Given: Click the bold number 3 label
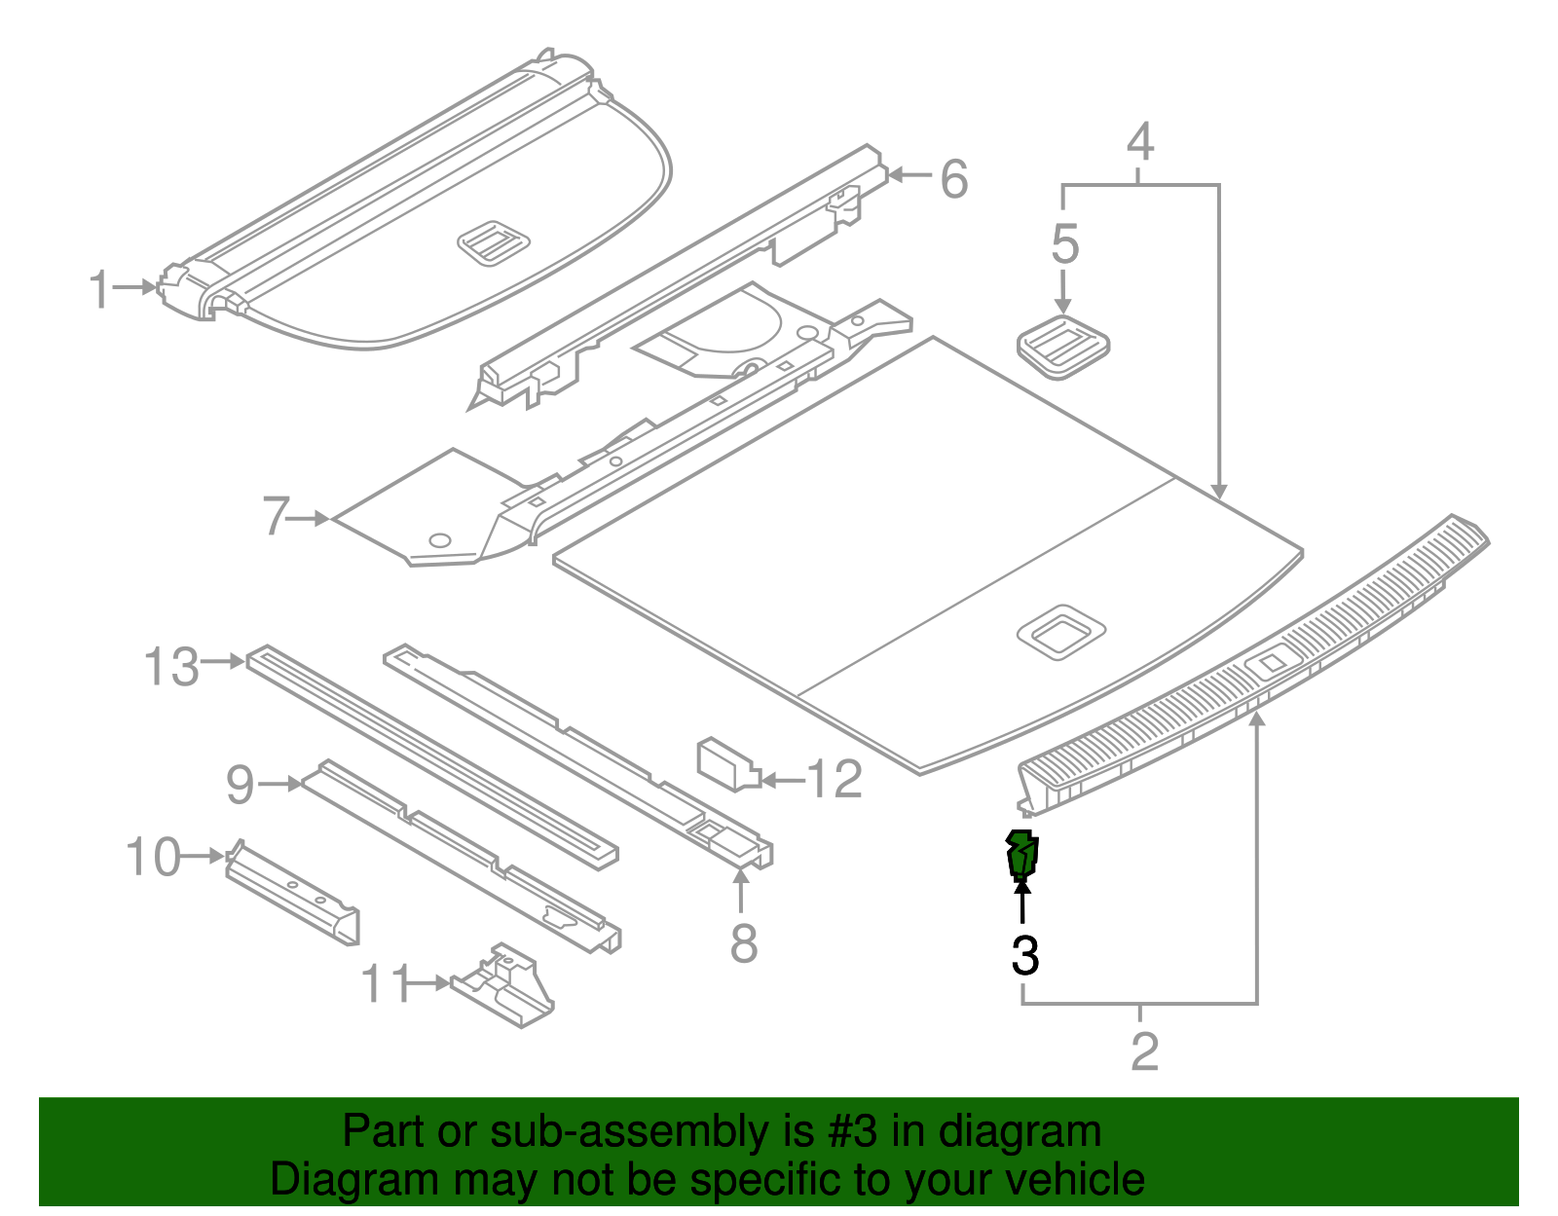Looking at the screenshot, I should tap(1025, 956).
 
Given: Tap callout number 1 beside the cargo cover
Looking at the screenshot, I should tap(99, 290).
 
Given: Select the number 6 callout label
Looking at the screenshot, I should tap(953, 179).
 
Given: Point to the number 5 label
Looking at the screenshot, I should tap(1064, 243).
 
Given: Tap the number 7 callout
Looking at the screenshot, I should tap(277, 516).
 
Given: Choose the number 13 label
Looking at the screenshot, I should tap(171, 667).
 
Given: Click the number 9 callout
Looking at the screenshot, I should tap(240, 785).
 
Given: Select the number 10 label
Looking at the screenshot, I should tap(153, 858).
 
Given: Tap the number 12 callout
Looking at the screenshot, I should tap(835, 779).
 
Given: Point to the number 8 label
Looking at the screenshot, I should tap(744, 942).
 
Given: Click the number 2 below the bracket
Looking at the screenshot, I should tap(1144, 1051).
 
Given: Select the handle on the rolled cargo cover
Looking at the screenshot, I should tap(494, 242).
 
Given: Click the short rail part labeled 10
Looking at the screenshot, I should tap(292, 893).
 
